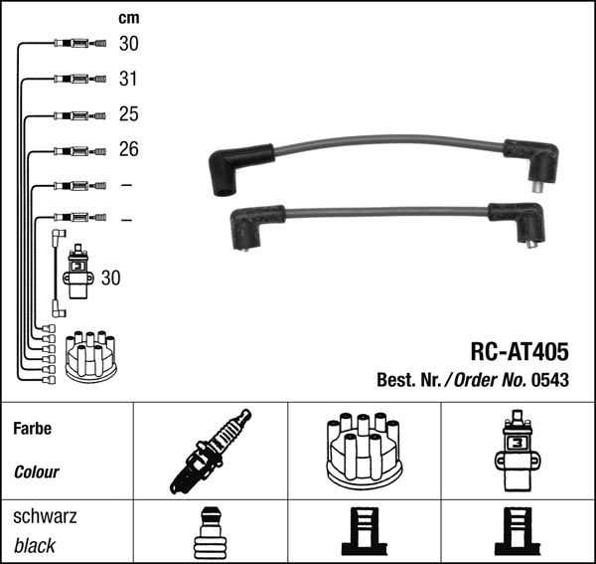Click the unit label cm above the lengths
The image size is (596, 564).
(129, 18)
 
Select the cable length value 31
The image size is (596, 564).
(128, 79)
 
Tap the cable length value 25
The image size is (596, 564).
(129, 114)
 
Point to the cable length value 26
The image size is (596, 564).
(129, 149)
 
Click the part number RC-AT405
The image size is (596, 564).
(520, 352)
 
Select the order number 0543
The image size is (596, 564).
(550, 380)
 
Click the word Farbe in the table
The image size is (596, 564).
(33, 429)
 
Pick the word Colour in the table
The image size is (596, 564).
(37, 472)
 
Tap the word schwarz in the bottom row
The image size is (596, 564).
(45, 517)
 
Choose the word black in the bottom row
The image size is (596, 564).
(35, 546)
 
